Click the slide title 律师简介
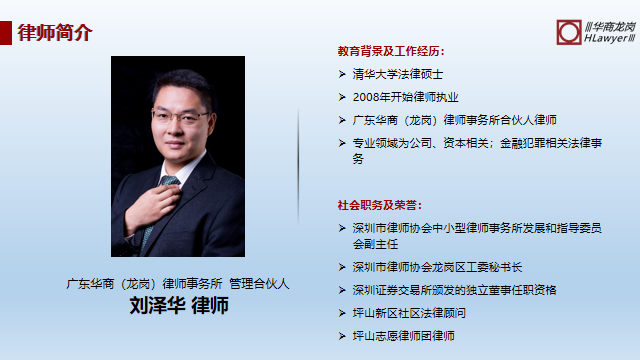pyautogui.click(x=55, y=32)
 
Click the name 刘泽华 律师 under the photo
pyautogui.click(x=179, y=306)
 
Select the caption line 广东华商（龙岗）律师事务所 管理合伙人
pyautogui.click(x=178, y=284)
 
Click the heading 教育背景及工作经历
pyautogui.click(x=391, y=51)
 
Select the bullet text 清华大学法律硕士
pyautogui.click(x=397, y=74)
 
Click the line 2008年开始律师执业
pyautogui.click(x=405, y=97)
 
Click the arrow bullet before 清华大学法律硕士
pyautogui.click(x=342, y=74)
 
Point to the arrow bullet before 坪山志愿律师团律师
pyautogui.click(x=342, y=336)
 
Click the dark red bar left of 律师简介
pyautogui.click(x=6, y=32)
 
